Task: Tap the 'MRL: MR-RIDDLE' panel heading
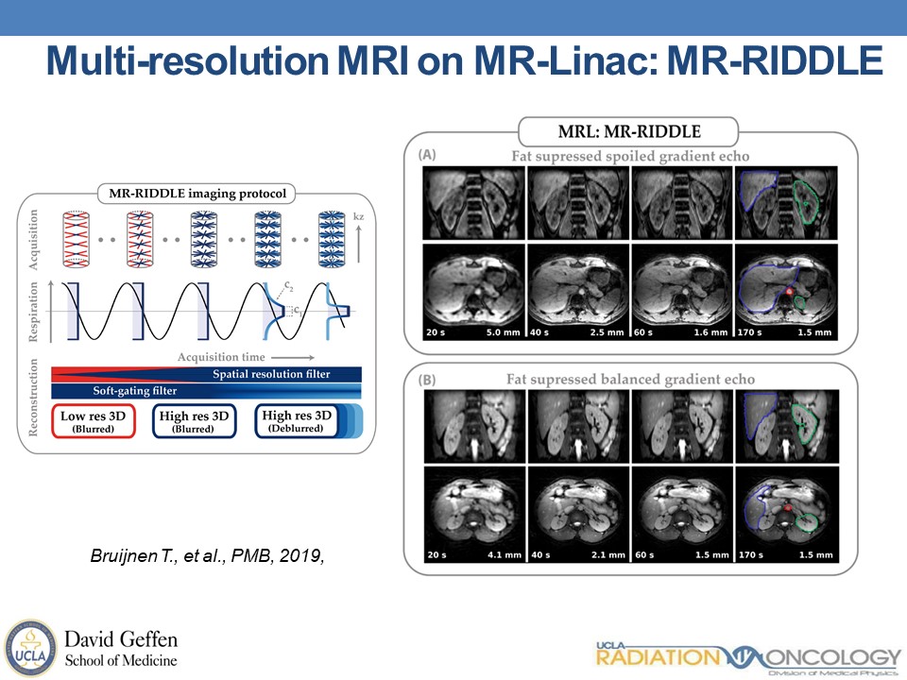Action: click(x=630, y=130)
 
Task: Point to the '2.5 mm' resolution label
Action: click(x=605, y=332)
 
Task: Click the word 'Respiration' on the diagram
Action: click(x=36, y=307)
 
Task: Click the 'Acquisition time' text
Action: click(x=220, y=357)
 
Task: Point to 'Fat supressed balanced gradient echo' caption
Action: click(x=630, y=380)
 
